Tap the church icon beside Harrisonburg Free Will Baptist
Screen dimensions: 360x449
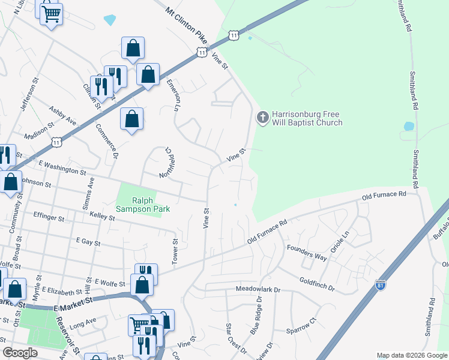click(x=262, y=117)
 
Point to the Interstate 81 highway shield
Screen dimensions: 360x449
click(x=380, y=284)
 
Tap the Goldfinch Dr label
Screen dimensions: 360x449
click(x=317, y=283)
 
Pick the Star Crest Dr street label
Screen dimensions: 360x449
click(x=236, y=338)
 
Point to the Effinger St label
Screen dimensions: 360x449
click(x=49, y=217)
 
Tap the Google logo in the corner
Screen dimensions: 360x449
click(x=20, y=353)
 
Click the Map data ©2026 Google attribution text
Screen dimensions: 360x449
click(x=412, y=355)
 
